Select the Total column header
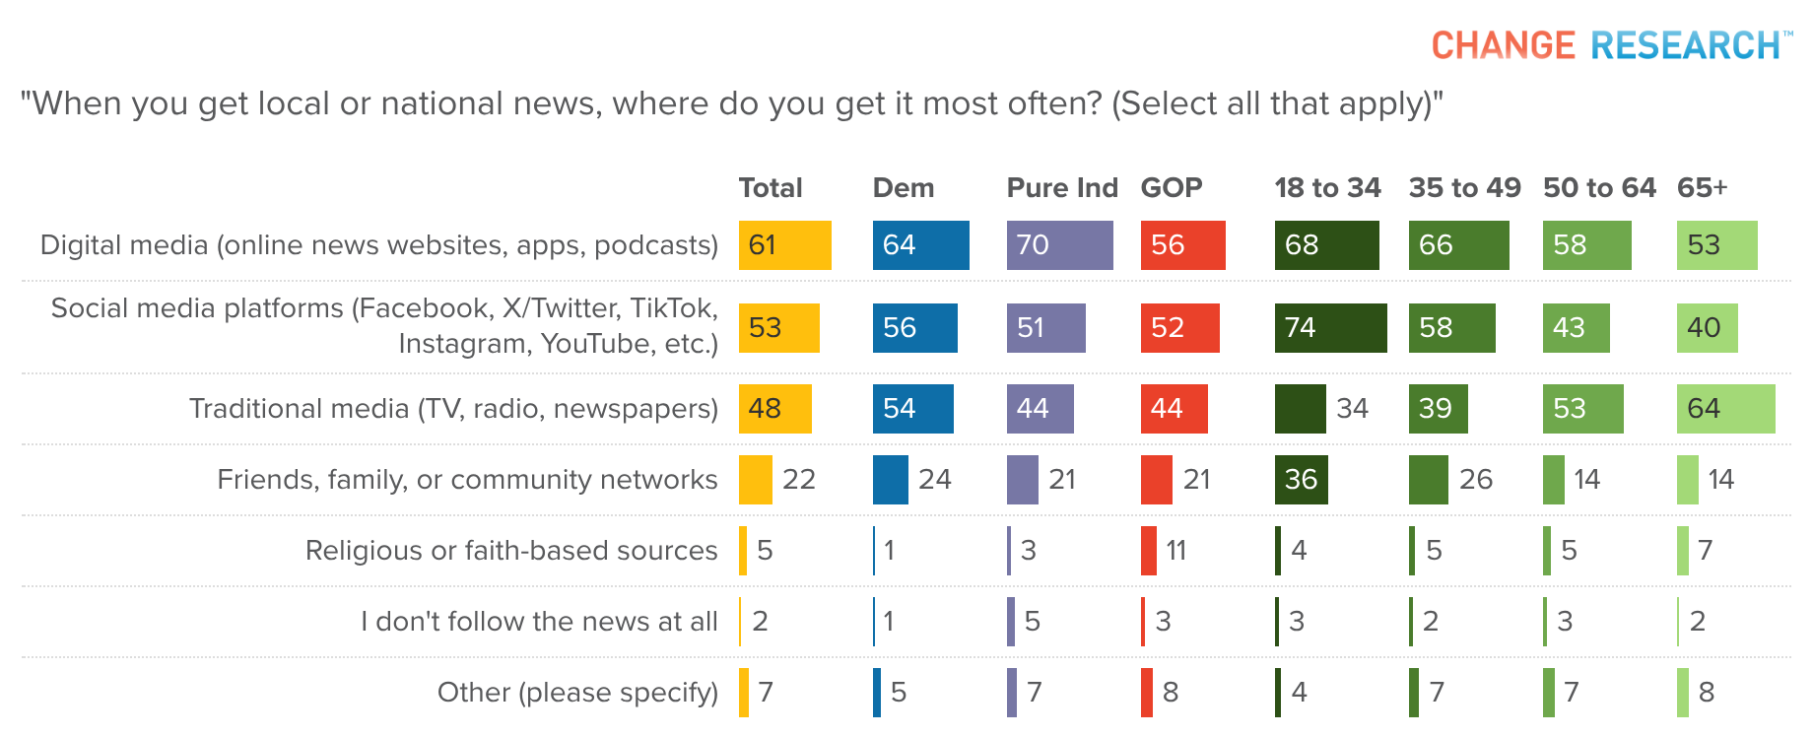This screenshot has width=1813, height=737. tap(771, 187)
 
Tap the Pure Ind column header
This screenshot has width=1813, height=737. tap(1061, 187)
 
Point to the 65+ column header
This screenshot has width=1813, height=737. tap(1702, 187)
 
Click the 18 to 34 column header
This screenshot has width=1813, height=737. tap(1327, 187)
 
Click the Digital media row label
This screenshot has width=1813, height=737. tap(378, 245)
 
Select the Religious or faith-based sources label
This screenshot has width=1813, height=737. tap(510, 550)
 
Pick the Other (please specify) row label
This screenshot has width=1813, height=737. tap(577, 692)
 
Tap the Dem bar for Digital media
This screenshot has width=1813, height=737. tap(920, 245)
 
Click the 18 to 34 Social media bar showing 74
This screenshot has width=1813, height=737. tap(1330, 328)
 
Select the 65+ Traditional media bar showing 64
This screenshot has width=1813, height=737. tap(1725, 409)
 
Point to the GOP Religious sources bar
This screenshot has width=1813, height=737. tap(1148, 550)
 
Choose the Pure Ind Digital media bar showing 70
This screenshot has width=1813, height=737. tap(1059, 245)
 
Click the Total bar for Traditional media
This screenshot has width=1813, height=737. tap(774, 409)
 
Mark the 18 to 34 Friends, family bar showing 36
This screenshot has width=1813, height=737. tap(1301, 480)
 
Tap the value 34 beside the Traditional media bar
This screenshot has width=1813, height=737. tap(1352, 409)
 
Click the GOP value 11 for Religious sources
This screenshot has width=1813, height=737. tap(1176, 550)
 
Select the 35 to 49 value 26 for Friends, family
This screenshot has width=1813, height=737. tap(1476, 480)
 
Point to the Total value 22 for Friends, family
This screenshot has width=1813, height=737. tap(798, 480)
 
